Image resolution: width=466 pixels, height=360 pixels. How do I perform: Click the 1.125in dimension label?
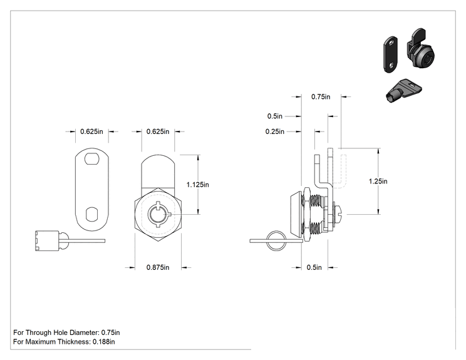198,185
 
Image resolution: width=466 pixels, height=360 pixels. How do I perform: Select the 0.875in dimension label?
158,267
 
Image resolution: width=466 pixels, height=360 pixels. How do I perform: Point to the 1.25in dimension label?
378,181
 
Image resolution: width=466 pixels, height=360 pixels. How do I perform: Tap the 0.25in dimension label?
274,131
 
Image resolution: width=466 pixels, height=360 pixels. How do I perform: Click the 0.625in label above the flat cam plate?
91,131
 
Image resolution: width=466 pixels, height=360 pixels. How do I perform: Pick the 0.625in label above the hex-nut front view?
158,131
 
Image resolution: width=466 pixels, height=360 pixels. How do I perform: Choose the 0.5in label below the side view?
314,267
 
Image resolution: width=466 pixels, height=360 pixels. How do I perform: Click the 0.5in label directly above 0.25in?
274,116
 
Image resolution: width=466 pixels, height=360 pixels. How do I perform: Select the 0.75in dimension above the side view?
321,97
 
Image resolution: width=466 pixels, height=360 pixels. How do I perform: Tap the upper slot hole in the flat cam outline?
92,158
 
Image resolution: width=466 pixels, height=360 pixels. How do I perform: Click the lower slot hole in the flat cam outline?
92,215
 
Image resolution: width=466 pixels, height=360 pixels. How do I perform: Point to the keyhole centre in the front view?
158,214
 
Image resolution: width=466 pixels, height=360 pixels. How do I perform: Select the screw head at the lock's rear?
339,214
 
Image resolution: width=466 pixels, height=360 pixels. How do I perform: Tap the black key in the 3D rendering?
403,90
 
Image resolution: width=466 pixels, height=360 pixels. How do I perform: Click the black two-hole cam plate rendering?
390,54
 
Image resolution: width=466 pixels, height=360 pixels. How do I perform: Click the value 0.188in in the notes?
104,342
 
